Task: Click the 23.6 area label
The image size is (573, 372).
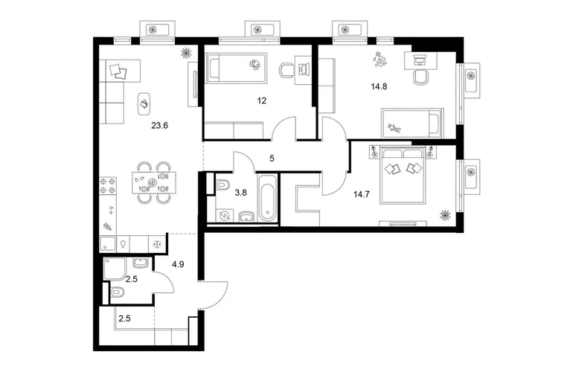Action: click(x=160, y=126)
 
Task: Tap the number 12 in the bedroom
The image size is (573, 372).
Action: click(x=262, y=100)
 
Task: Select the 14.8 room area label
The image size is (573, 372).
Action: click(x=379, y=86)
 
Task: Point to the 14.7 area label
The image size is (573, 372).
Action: click(x=362, y=194)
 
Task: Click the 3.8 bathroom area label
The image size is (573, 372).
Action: click(x=241, y=193)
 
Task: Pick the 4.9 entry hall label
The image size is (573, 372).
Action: click(x=178, y=264)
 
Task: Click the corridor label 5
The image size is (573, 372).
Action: click(x=272, y=158)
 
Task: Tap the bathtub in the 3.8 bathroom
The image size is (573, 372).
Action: click(x=268, y=198)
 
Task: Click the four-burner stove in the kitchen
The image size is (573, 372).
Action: click(x=108, y=185)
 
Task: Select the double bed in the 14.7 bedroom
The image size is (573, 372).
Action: click(x=403, y=175)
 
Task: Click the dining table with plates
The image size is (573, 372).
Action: click(x=153, y=182)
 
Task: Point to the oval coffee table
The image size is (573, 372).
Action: click(x=144, y=103)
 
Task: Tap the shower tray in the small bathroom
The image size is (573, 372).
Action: click(x=115, y=269)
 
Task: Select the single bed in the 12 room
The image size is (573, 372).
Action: click(x=237, y=68)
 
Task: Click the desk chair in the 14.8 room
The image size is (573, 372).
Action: click(x=420, y=77)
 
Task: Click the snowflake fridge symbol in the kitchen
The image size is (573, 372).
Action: click(x=157, y=244)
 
